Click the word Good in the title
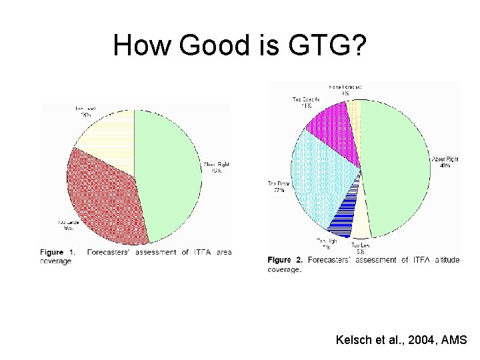(209, 45)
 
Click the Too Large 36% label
(68, 225)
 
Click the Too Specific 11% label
(306, 102)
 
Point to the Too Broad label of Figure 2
(277, 187)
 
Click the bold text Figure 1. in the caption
(57, 253)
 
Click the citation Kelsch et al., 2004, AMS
(402, 340)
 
